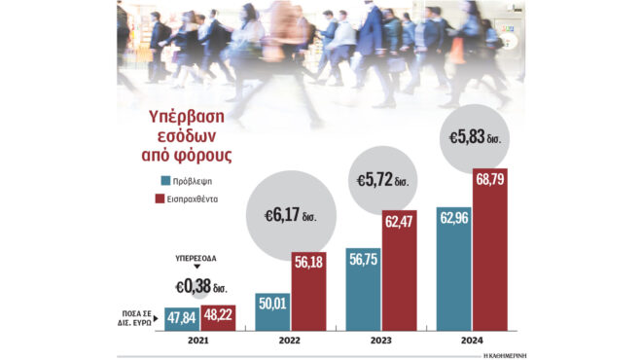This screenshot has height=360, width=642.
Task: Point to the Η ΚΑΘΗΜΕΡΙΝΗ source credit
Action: point(512,354)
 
